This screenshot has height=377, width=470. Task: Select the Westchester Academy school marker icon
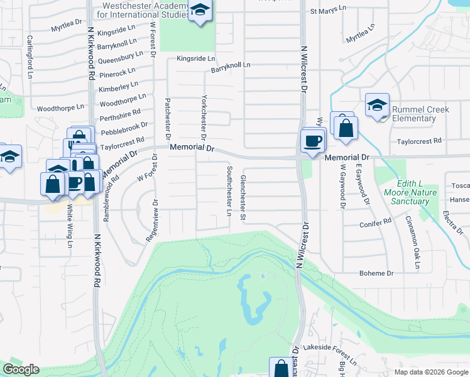(x=200, y=11)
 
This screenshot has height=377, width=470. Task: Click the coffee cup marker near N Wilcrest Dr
(x=312, y=141)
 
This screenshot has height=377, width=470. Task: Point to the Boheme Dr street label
(x=376, y=273)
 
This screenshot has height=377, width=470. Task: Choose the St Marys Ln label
(x=328, y=11)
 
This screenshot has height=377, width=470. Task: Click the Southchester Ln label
(x=229, y=190)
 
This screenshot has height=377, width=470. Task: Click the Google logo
(x=21, y=369)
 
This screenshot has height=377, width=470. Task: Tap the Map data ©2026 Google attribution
(x=430, y=372)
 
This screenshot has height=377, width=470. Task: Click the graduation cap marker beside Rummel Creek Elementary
(x=377, y=105)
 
